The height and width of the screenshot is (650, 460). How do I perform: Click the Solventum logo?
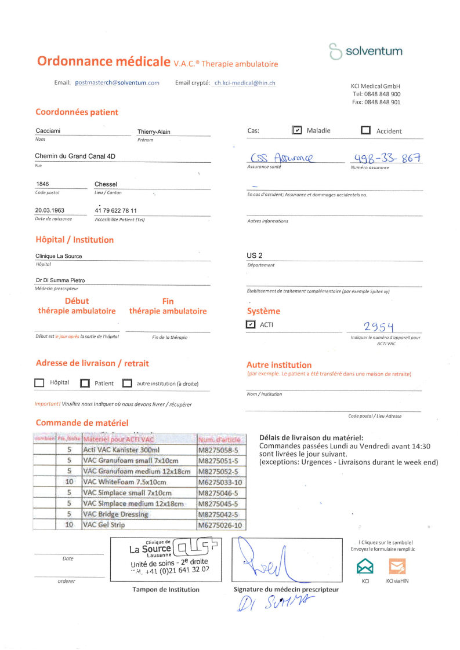click(365, 51)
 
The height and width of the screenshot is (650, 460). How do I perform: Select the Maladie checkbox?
click(296, 130)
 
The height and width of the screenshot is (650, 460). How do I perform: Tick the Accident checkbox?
click(365, 130)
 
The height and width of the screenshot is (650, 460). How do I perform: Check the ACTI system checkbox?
click(251, 324)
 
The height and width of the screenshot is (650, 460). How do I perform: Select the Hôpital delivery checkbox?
click(39, 383)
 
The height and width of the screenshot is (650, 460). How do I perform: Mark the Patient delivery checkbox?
click(85, 383)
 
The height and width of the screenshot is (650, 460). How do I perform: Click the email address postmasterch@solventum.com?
click(117, 83)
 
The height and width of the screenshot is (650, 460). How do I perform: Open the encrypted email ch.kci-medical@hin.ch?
click(245, 83)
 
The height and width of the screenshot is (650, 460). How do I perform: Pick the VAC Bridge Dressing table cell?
click(116, 514)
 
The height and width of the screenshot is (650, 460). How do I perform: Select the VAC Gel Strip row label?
click(104, 525)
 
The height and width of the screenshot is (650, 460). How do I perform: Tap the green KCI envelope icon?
click(365, 565)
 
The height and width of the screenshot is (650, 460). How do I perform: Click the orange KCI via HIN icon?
click(397, 565)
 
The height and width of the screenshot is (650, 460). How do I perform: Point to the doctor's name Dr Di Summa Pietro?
click(60, 280)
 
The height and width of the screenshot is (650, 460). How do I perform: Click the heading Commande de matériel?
click(82, 423)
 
